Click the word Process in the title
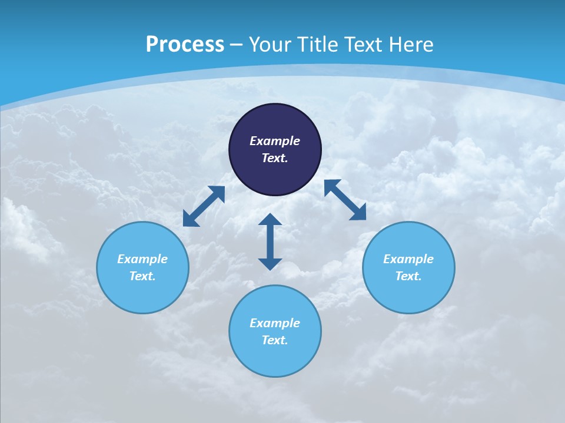tap(185, 45)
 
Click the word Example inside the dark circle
tap(275, 141)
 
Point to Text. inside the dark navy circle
tap(275, 158)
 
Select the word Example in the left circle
tap(142, 259)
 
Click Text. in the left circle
tap(142, 276)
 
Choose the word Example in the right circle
tap(408, 259)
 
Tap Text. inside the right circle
tap(408, 276)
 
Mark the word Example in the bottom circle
tap(275, 323)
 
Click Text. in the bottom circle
tap(275, 340)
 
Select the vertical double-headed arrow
tap(270, 241)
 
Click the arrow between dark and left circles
tap(204, 206)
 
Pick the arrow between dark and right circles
tap(345, 200)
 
